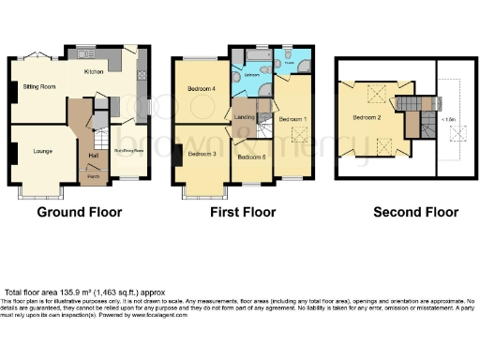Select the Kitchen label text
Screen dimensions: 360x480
[x=94, y=71]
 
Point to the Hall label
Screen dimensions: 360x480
[x=93, y=156]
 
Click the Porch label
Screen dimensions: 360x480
[x=93, y=175]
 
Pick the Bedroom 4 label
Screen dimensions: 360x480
[x=202, y=89]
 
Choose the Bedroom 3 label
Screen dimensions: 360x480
[x=202, y=153]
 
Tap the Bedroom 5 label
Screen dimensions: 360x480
[x=251, y=157]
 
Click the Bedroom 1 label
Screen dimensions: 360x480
[x=292, y=119]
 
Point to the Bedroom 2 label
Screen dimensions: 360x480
[x=367, y=118]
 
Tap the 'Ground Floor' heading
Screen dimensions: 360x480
[x=80, y=213]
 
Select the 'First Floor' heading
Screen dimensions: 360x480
[x=243, y=213]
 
